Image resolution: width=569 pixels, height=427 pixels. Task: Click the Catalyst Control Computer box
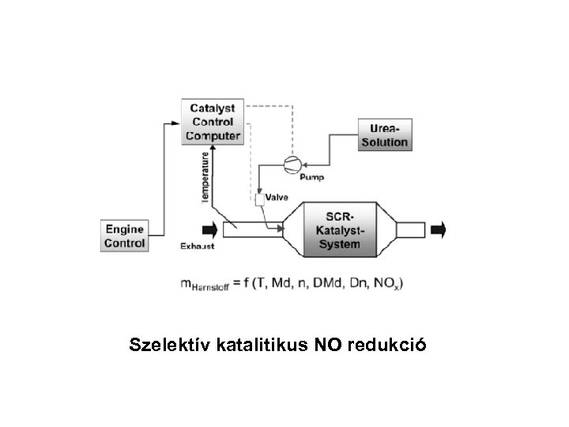coord(213,122)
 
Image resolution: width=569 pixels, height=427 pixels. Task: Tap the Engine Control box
coord(125,236)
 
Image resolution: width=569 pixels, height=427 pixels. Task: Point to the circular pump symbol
coord(289,164)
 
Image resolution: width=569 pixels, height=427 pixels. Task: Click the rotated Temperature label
coord(205,177)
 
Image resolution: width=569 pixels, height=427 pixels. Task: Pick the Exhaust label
coord(197,247)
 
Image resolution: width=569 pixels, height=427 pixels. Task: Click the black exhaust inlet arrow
coord(210,229)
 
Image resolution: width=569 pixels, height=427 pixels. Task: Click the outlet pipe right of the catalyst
coord(410,229)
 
